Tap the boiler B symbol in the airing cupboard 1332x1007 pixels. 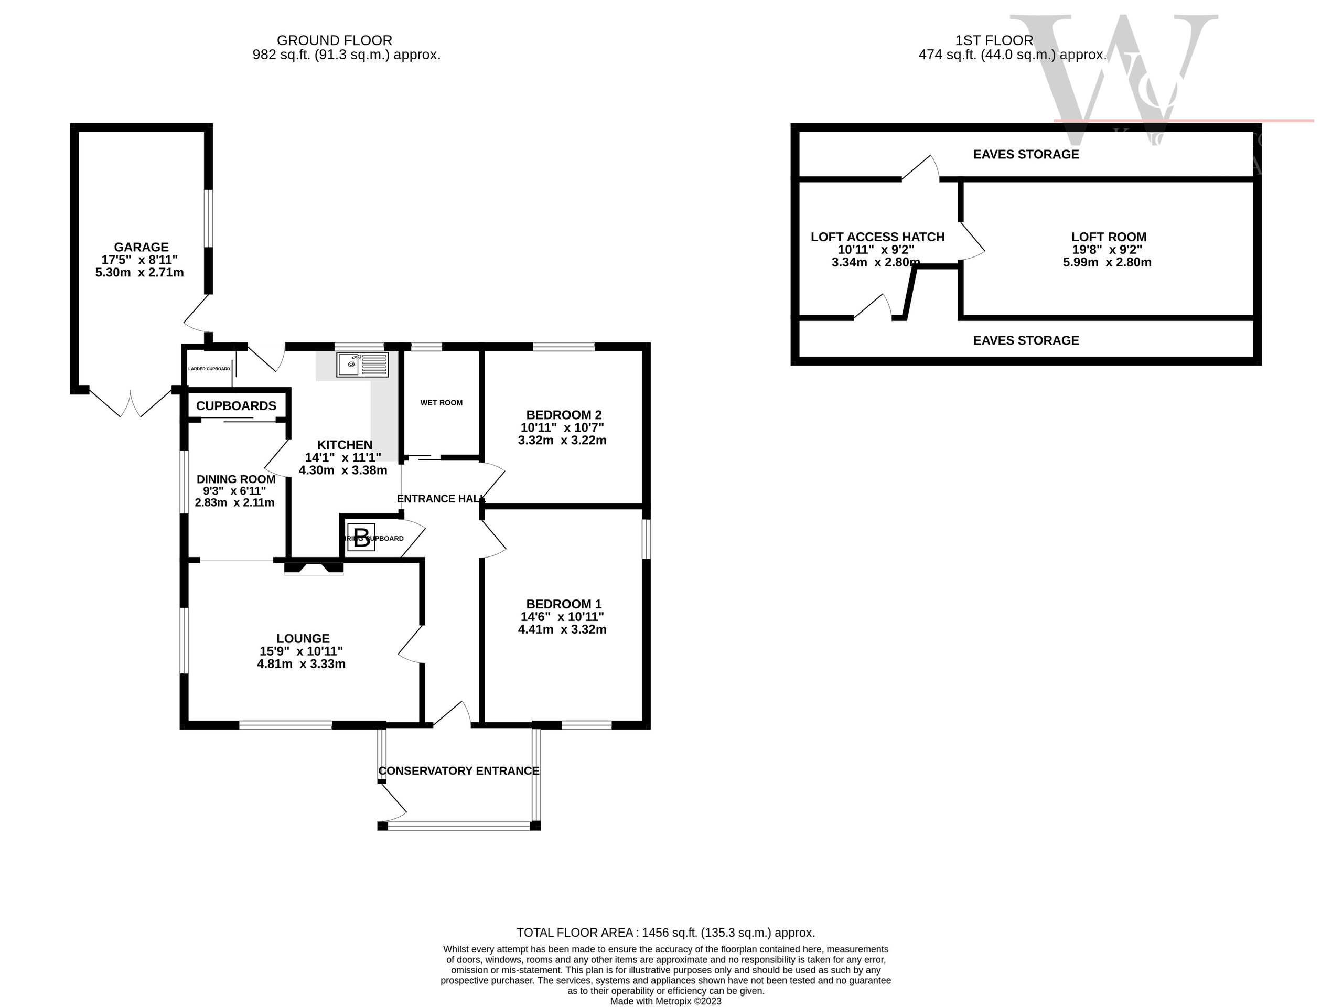[361, 537]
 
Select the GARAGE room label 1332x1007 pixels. [141, 247]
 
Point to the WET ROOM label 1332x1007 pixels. [442, 402]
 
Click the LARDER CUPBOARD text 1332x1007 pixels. [209, 369]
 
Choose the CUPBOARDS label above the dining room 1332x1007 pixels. [236, 405]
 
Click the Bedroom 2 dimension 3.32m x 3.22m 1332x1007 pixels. [562, 440]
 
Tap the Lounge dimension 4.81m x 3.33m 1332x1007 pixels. [301, 663]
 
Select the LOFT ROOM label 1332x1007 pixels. [1108, 237]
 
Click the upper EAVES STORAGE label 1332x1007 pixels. [1026, 154]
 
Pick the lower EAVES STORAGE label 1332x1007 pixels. [1026, 340]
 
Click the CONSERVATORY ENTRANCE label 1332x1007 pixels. [458, 771]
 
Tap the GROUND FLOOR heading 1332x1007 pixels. [334, 40]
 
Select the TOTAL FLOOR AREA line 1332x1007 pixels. [665, 933]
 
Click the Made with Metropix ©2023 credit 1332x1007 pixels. [665, 1001]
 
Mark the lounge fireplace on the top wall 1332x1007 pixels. [314, 567]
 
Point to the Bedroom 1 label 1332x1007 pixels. [563, 604]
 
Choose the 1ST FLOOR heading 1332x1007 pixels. [994, 40]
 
